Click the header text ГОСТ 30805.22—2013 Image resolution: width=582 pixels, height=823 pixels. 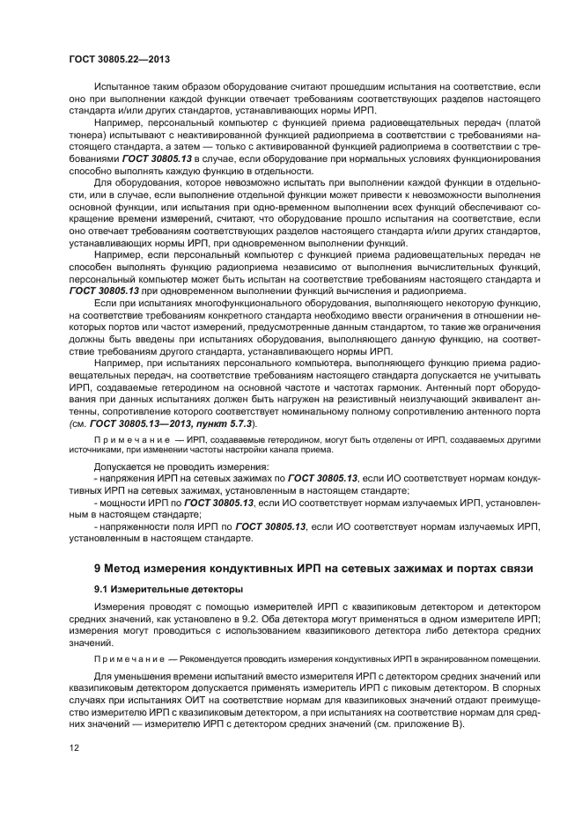[x=118, y=59]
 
